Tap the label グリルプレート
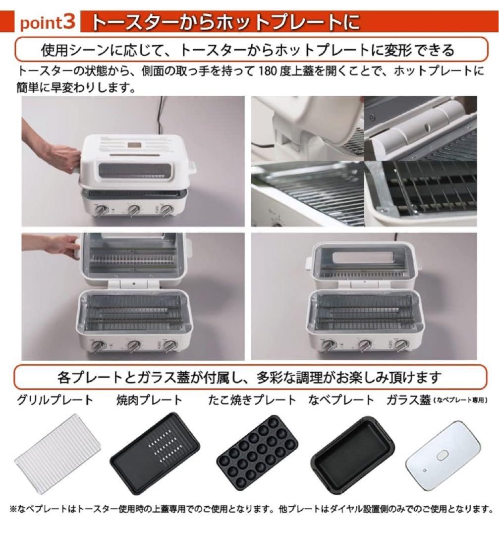[x=55, y=400]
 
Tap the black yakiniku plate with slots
[x=155, y=452]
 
